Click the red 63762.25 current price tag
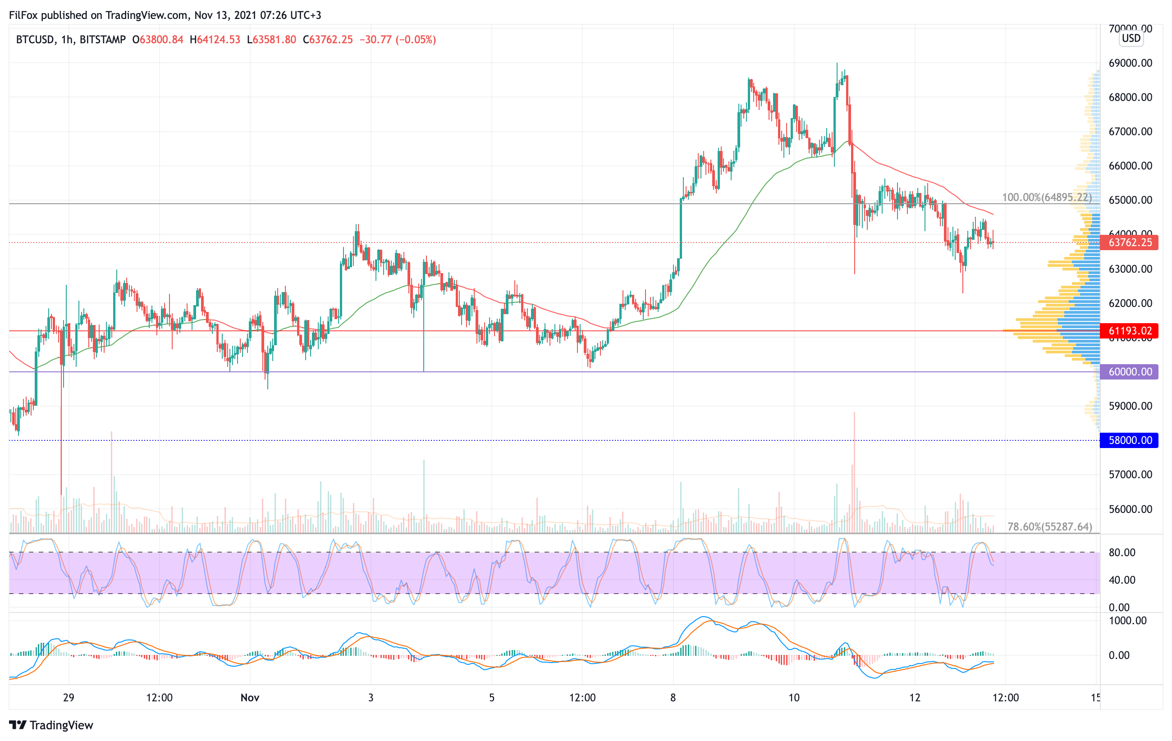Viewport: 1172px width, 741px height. click(x=1129, y=242)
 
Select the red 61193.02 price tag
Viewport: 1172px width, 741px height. click(x=1129, y=331)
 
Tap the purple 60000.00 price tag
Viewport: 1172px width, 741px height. click(x=1129, y=372)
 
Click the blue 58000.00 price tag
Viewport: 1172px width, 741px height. click(x=1129, y=440)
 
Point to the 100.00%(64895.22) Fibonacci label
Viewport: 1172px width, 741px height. click(x=1046, y=197)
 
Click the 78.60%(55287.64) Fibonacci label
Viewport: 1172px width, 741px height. click(x=1049, y=526)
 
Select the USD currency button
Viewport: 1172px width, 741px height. click(x=1131, y=38)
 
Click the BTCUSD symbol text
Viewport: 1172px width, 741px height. click(x=35, y=39)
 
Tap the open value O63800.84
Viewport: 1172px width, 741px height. click(x=158, y=39)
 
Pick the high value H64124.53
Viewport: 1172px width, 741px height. click(x=215, y=39)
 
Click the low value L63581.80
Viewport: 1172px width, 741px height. click(x=271, y=39)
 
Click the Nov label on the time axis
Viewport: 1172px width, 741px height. click(x=250, y=698)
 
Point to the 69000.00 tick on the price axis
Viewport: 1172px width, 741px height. click(x=1130, y=63)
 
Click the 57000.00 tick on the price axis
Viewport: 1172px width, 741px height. click(x=1130, y=474)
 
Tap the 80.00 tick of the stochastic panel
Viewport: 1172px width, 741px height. click(x=1122, y=552)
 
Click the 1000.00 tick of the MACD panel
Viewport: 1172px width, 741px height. click(x=1128, y=620)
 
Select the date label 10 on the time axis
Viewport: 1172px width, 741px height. click(x=794, y=698)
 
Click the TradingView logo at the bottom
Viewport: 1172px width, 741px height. click(x=51, y=725)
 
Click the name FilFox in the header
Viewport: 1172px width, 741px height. click(x=23, y=15)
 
